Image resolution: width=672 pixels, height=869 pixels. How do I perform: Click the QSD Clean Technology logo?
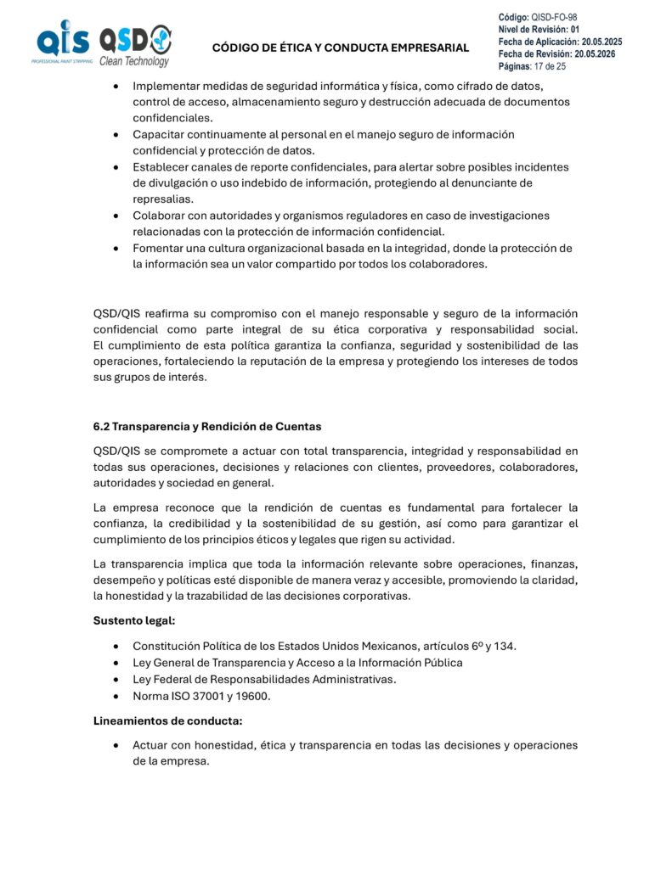tap(135, 45)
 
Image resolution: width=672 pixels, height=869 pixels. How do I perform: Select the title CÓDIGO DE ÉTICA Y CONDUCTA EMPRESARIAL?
tap(340, 48)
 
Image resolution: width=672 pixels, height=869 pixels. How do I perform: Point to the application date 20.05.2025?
tap(601, 41)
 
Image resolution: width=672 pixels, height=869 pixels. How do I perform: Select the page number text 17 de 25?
tap(549, 65)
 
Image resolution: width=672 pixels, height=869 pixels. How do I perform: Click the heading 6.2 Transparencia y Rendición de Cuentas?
tap(207, 425)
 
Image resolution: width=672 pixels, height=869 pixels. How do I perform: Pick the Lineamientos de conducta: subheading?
tap(167, 720)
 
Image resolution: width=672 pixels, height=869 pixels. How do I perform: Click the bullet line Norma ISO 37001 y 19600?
tap(200, 695)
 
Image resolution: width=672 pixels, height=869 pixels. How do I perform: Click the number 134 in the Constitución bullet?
tap(503, 646)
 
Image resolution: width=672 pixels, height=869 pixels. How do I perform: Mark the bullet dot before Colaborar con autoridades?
tap(115, 216)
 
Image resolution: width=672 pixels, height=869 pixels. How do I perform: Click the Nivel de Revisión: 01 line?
tap(539, 29)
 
